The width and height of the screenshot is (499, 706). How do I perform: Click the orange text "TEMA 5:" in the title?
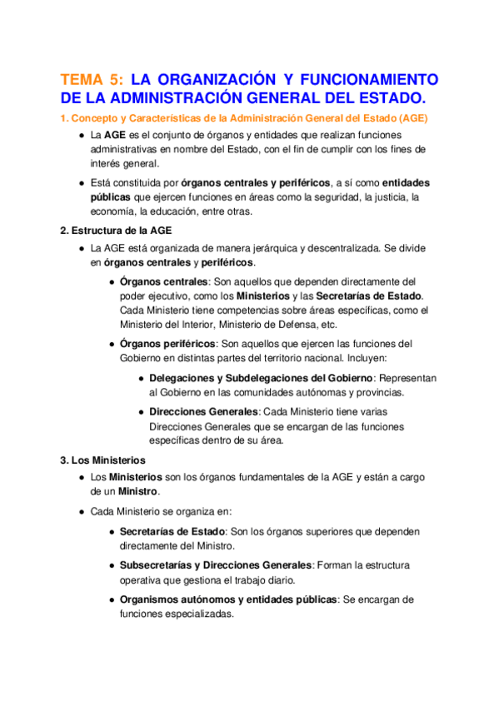(92, 79)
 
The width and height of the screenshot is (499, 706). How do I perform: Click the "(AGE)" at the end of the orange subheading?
(413, 117)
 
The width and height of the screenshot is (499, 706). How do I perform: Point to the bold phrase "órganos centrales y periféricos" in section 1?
(255, 182)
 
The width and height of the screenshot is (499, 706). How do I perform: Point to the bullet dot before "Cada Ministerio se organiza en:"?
(80, 511)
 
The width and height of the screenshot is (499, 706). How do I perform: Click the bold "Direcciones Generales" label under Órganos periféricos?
(204, 411)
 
